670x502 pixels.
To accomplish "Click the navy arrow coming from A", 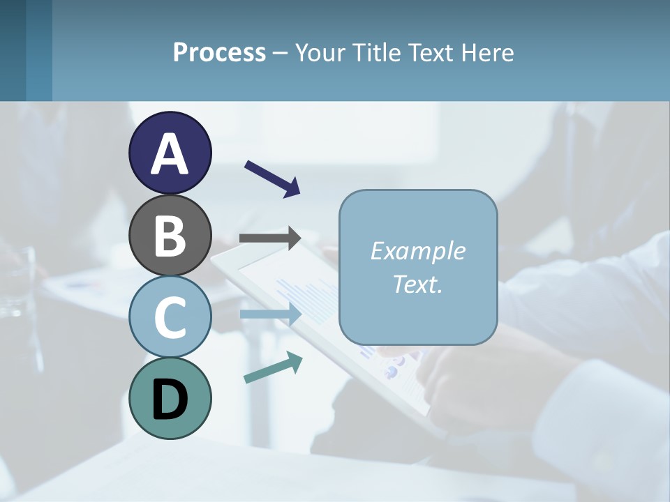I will tap(272, 178).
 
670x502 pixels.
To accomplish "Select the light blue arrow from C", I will tap(270, 314).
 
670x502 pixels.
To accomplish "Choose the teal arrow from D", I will tap(273, 367).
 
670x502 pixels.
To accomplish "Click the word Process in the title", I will tap(219, 53).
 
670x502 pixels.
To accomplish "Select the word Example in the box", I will tap(417, 251).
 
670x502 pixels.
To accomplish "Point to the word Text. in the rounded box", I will tap(417, 284).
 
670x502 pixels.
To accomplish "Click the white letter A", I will tap(170, 154).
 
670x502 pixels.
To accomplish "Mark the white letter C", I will tap(170, 318).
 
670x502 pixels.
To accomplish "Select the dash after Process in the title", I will tap(281, 54).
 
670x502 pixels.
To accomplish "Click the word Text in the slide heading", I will tap(430, 53).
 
